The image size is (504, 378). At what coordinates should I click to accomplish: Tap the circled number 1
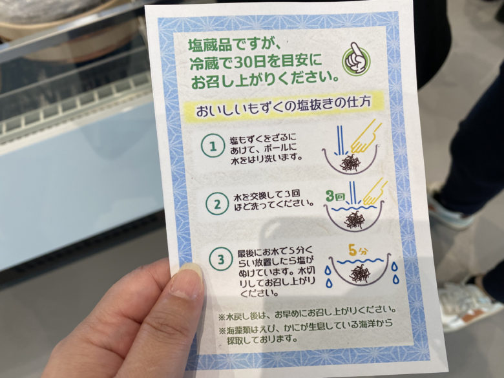click(213, 146)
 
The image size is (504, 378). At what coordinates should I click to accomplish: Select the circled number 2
click(218, 204)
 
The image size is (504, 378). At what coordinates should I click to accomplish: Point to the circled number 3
click(221, 259)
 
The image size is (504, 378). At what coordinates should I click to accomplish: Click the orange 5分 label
click(357, 251)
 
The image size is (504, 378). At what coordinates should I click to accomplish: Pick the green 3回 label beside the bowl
click(335, 195)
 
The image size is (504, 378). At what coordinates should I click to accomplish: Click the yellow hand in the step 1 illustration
click(365, 136)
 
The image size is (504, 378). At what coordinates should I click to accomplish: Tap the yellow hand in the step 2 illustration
click(375, 192)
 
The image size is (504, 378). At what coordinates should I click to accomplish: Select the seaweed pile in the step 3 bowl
click(360, 273)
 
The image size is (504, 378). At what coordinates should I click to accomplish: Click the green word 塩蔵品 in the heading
click(209, 45)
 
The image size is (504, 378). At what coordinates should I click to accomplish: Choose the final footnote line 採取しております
click(262, 339)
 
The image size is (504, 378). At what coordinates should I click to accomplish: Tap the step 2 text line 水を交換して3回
click(267, 194)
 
